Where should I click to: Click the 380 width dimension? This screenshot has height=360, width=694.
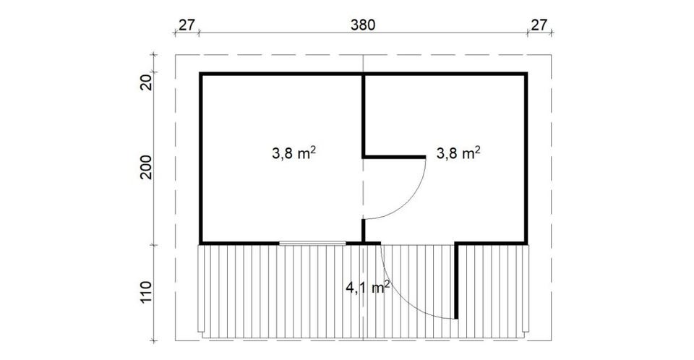click(x=362, y=25)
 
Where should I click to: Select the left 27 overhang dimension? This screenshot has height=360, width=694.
click(x=187, y=25)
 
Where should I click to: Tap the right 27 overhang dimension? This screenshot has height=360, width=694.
click(x=539, y=25)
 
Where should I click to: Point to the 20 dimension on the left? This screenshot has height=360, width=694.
click(x=147, y=82)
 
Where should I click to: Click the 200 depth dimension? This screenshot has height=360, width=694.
click(x=147, y=167)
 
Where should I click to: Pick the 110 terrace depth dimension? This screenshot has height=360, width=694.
click(x=147, y=292)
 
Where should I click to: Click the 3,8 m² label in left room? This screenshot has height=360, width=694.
click(x=294, y=153)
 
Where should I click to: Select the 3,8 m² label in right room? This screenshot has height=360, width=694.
click(x=458, y=153)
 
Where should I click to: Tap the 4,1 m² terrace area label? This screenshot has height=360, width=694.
click(x=367, y=288)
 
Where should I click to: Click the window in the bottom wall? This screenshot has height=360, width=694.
click(x=312, y=243)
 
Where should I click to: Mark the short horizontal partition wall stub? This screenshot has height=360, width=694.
click(x=394, y=157)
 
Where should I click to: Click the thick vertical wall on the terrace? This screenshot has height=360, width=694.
click(x=456, y=280)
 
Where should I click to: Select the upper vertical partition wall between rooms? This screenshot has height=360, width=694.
click(x=364, y=115)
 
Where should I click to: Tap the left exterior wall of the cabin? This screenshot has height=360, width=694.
click(x=201, y=158)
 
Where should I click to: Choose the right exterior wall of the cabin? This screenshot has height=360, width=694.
click(x=526, y=158)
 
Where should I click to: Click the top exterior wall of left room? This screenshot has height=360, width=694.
click(x=281, y=74)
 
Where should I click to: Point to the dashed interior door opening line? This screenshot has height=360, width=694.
click(x=364, y=189)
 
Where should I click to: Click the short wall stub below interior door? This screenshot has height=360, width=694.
click(x=364, y=231)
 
